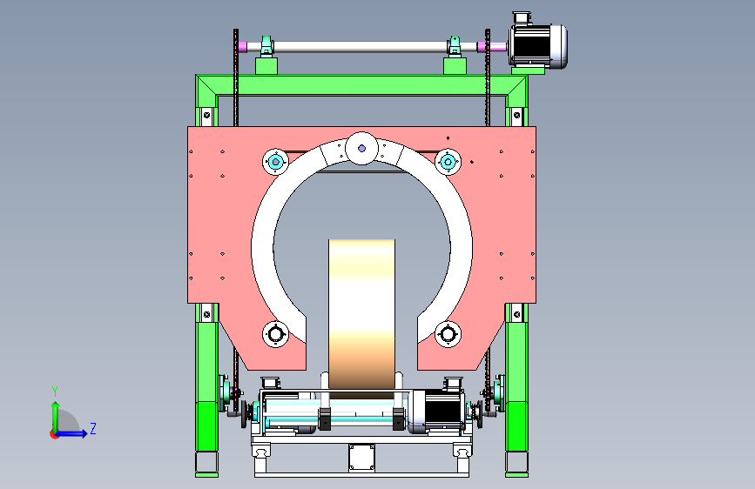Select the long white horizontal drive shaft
(x=361, y=47)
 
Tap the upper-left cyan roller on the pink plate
(x=275, y=162)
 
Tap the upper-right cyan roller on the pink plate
(x=448, y=162)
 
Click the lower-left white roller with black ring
(x=275, y=333)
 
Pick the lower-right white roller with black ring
(x=448, y=333)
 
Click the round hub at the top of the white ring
(x=361, y=148)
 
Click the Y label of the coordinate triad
(x=55, y=392)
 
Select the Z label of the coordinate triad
(x=93, y=428)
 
